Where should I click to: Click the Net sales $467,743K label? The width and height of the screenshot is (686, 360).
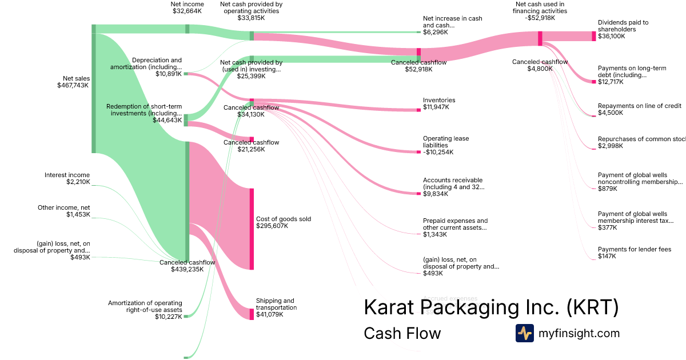click(x=73, y=82)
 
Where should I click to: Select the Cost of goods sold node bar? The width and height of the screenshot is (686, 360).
click(x=252, y=229)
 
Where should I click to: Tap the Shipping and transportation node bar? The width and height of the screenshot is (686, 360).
click(x=252, y=314)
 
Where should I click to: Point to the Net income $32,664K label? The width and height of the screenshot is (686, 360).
click(x=187, y=7)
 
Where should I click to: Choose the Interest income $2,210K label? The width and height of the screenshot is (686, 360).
click(x=67, y=179)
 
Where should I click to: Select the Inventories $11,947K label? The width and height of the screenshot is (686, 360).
click(x=439, y=104)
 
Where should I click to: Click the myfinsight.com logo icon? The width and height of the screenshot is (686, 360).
click(x=524, y=333)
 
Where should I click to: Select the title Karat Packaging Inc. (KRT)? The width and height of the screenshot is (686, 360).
click(x=491, y=307)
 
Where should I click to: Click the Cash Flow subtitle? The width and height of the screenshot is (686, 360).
click(x=402, y=333)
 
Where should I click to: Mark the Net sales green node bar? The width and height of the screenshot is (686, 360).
click(x=94, y=89)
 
